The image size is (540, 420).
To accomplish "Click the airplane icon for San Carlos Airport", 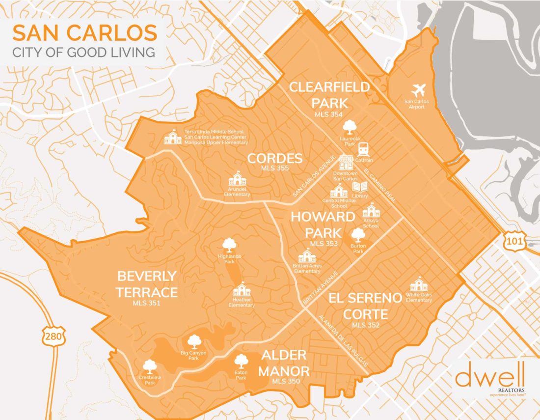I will pyautogui.click(x=419, y=90).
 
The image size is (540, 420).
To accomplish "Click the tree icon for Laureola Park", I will pyautogui.click(x=350, y=127).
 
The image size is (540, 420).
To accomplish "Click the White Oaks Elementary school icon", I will pyautogui.click(x=419, y=284).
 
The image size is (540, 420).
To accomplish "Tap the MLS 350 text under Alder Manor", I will pyautogui.click(x=284, y=381).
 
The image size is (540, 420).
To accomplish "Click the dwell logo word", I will pyautogui.click(x=490, y=377).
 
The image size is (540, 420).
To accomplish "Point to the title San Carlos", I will pyautogui.click(x=84, y=33).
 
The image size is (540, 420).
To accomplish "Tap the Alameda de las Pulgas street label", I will pyautogui.click(x=343, y=340).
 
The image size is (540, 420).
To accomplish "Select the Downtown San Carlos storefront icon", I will pyautogui.click(x=346, y=163).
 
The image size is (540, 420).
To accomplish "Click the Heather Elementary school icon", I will pyautogui.click(x=241, y=290).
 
